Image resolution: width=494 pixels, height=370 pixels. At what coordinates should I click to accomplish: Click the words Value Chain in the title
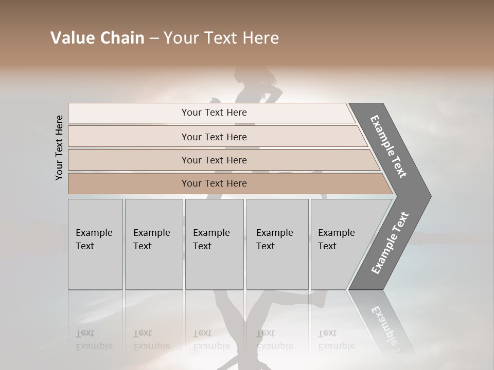pos(97,38)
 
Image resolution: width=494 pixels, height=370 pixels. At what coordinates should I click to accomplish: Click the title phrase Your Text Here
pos(221,38)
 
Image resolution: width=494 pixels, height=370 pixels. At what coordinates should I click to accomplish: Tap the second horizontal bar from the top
pos(214,137)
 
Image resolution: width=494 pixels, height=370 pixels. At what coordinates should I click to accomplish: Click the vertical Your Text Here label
pos(59,147)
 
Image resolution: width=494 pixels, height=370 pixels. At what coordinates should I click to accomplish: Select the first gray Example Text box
pos(95,244)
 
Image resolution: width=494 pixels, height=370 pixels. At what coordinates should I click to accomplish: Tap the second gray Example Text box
pos(153,244)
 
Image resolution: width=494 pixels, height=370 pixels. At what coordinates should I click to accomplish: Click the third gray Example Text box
pos(214,244)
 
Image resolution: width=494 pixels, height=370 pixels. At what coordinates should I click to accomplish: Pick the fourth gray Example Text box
pos(277,244)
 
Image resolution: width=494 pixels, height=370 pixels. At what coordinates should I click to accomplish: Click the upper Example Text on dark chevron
pos(389,146)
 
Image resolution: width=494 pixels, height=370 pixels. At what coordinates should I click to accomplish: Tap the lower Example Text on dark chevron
pos(390,243)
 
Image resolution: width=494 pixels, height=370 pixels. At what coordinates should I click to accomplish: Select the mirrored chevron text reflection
pos(389,329)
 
